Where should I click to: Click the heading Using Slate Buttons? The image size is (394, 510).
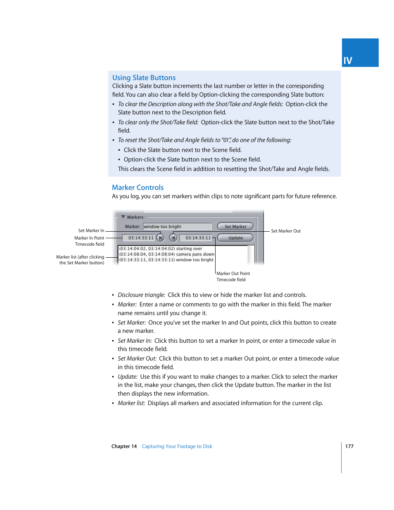coord(144,78)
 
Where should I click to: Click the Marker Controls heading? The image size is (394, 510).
coord(138,187)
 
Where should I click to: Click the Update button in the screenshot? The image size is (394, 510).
coord(235,238)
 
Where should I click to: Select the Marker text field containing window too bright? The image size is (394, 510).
coord(177,227)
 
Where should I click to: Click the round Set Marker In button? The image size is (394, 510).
coord(161,238)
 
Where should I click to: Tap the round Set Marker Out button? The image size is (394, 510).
coord(173,238)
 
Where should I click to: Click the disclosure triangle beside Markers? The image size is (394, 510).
coord(123,217)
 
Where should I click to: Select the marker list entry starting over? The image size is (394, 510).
coord(161,249)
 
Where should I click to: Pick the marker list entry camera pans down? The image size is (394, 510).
coord(166,254)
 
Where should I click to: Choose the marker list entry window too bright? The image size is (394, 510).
coord(166,260)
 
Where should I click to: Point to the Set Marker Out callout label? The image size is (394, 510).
coord(286,231)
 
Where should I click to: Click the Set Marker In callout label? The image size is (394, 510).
coord(91,230)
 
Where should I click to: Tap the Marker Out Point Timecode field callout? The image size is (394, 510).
coord(233,276)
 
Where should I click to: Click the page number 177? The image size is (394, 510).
coord(349,446)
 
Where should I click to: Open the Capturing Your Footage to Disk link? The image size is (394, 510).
coord(177,446)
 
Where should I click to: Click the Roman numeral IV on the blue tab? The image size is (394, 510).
coord(348,61)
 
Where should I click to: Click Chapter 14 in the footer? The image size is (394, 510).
coord(124,446)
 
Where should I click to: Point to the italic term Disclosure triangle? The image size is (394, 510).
coord(141,295)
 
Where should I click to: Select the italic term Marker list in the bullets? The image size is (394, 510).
coord(131,403)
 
